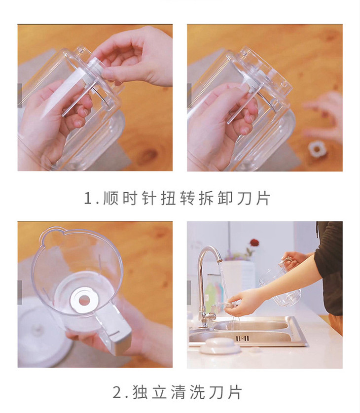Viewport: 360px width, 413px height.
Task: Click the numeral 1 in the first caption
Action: point(88,198)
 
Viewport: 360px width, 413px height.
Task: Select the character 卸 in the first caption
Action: point(225,198)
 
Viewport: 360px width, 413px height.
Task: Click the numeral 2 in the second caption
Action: point(117,392)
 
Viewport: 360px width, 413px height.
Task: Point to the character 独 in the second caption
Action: point(140,392)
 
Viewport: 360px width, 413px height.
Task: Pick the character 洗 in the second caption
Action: point(197,392)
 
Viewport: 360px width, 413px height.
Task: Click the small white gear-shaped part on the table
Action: point(316,149)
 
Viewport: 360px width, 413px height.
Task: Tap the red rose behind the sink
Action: point(254,242)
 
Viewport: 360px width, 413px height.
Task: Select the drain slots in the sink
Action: point(243,338)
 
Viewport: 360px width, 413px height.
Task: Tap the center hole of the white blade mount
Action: point(84,300)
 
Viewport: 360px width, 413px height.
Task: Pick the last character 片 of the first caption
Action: point(263,198)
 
